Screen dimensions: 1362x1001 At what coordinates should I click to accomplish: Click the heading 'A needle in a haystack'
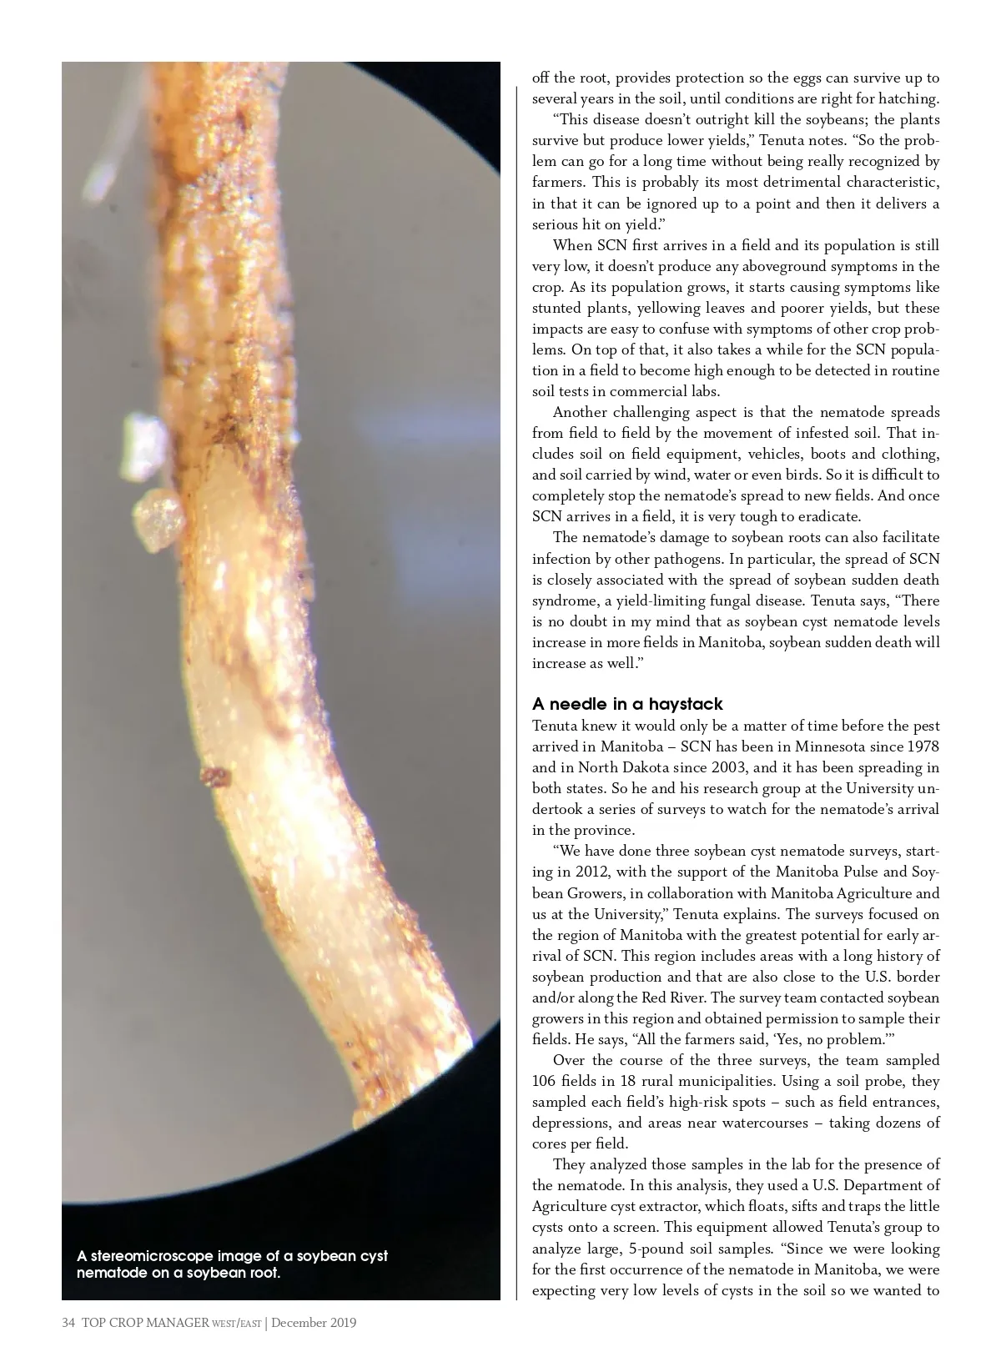(627, 704)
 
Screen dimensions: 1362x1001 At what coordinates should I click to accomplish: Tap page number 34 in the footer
(68, 1323)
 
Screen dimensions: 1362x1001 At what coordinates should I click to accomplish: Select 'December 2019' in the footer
(314, 1323)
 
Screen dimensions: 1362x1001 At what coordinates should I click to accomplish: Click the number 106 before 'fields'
(545, 1081)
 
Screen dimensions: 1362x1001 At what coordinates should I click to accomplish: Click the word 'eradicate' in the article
(827, 516)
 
